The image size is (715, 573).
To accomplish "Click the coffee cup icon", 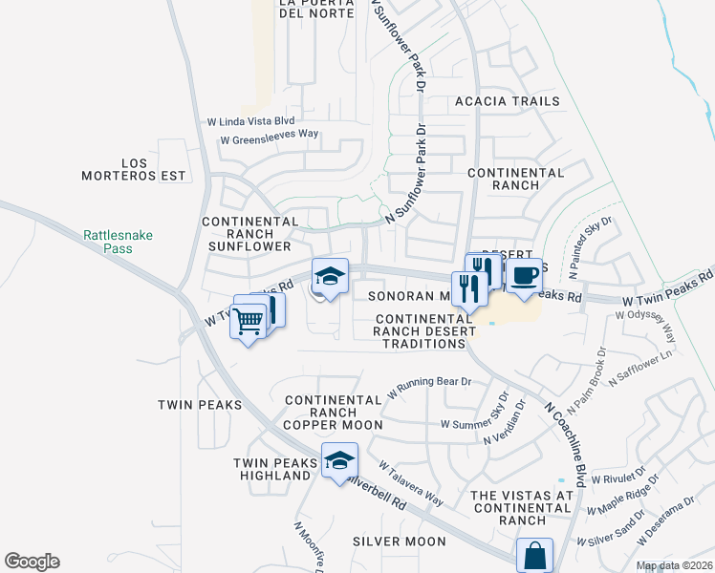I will (x=524, y=277).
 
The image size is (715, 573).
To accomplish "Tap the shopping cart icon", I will (x=249, y=322).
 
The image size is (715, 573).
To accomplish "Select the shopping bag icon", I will (x=534, y=555).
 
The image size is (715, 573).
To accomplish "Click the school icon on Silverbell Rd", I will (x=339, y=461).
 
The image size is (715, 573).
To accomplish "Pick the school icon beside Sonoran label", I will (x=330, y=277).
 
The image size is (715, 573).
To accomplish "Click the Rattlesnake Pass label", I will (x=118, y=241).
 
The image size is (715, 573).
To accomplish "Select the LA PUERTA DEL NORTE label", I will (x=316, y=9).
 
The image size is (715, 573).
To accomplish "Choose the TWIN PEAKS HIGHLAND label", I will (x=275, y=471).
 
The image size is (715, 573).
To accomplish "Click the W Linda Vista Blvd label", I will (x=250, y=121).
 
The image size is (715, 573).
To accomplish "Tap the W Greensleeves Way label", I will (x=269, y=138).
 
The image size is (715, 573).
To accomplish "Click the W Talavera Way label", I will (x=410, y=485).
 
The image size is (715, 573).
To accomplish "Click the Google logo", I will (x=32, y=562).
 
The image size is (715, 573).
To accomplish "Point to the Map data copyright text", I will (x=674, y=565).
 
